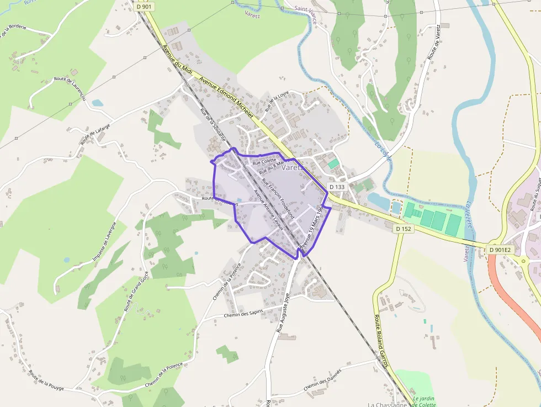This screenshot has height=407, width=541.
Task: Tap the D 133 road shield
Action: point(337,187)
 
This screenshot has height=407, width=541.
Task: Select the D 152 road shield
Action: point(404,228)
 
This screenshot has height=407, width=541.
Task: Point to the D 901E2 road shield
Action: point(500,250)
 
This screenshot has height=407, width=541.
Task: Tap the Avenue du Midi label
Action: point(176,63)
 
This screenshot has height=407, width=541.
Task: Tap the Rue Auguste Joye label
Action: point(283,313)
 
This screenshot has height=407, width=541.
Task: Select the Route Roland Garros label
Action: point(381,340)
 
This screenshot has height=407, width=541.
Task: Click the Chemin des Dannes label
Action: point(322,380)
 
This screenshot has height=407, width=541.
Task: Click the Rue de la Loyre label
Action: point(277,101)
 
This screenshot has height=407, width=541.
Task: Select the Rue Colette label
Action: point(264,161)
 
